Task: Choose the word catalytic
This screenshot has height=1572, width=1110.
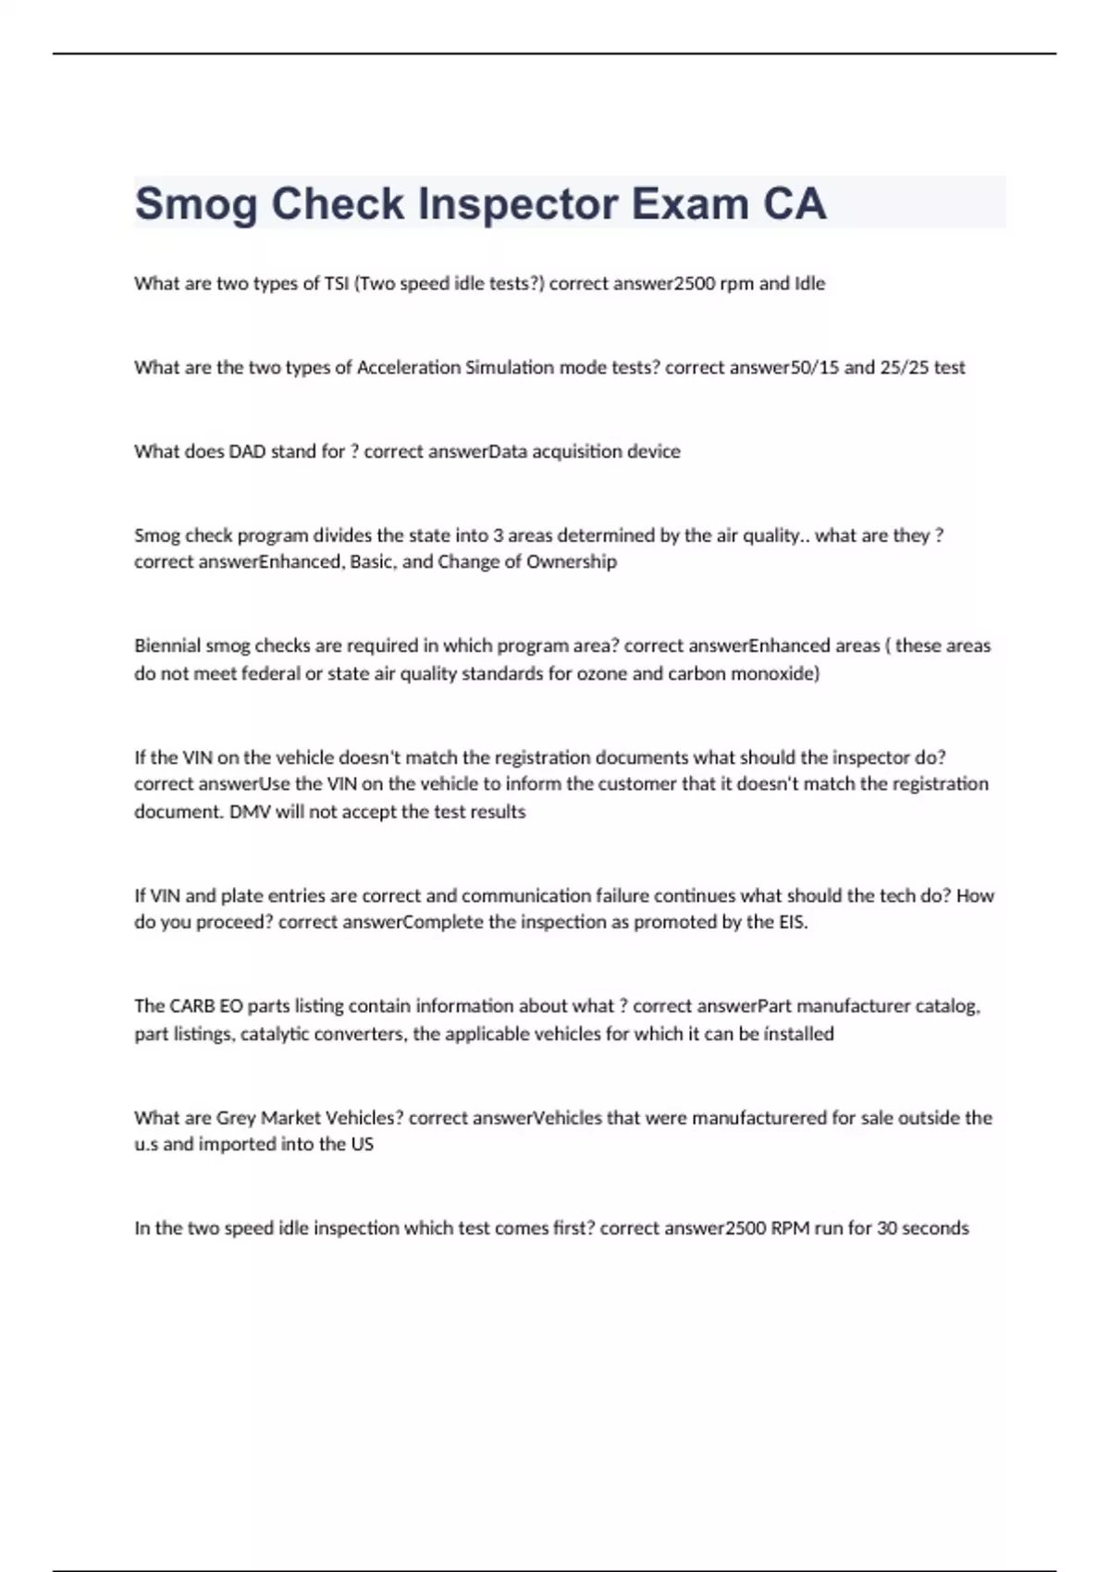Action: (x=275, y=1034)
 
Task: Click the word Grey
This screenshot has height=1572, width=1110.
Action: (x=236, y=1117)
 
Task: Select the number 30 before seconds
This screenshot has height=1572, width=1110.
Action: (x=887, y=1228)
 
